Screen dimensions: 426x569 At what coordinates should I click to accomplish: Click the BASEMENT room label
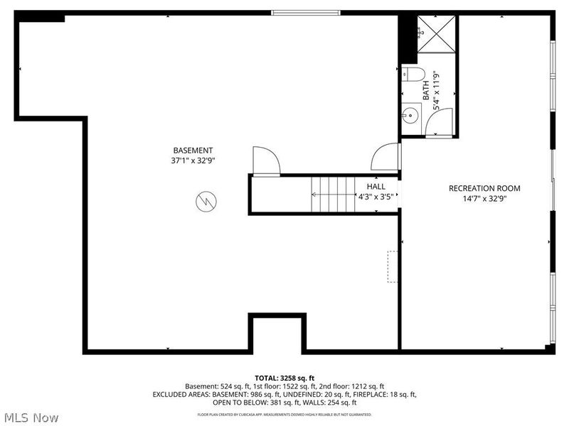click(x=193, y=150)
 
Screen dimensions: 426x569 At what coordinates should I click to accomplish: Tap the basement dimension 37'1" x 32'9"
click(x=193, y=160)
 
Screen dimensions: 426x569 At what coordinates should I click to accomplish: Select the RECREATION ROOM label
click(x=484, y=188)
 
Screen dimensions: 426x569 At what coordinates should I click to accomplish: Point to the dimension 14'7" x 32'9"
click(x=484, y=199)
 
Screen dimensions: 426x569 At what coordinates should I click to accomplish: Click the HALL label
click(x=376, y=186)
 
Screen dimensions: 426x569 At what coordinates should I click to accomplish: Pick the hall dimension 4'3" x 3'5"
click(x=376, y=197)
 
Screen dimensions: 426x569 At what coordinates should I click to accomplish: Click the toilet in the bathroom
click(x=415, y=74)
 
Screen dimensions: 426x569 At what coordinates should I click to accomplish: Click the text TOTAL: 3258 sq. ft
click(x=284, y=377)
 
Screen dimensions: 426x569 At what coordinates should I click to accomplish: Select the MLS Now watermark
click(x=31, y=417)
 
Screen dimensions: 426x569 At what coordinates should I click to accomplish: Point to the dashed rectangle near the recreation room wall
click(x=392, y=266)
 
